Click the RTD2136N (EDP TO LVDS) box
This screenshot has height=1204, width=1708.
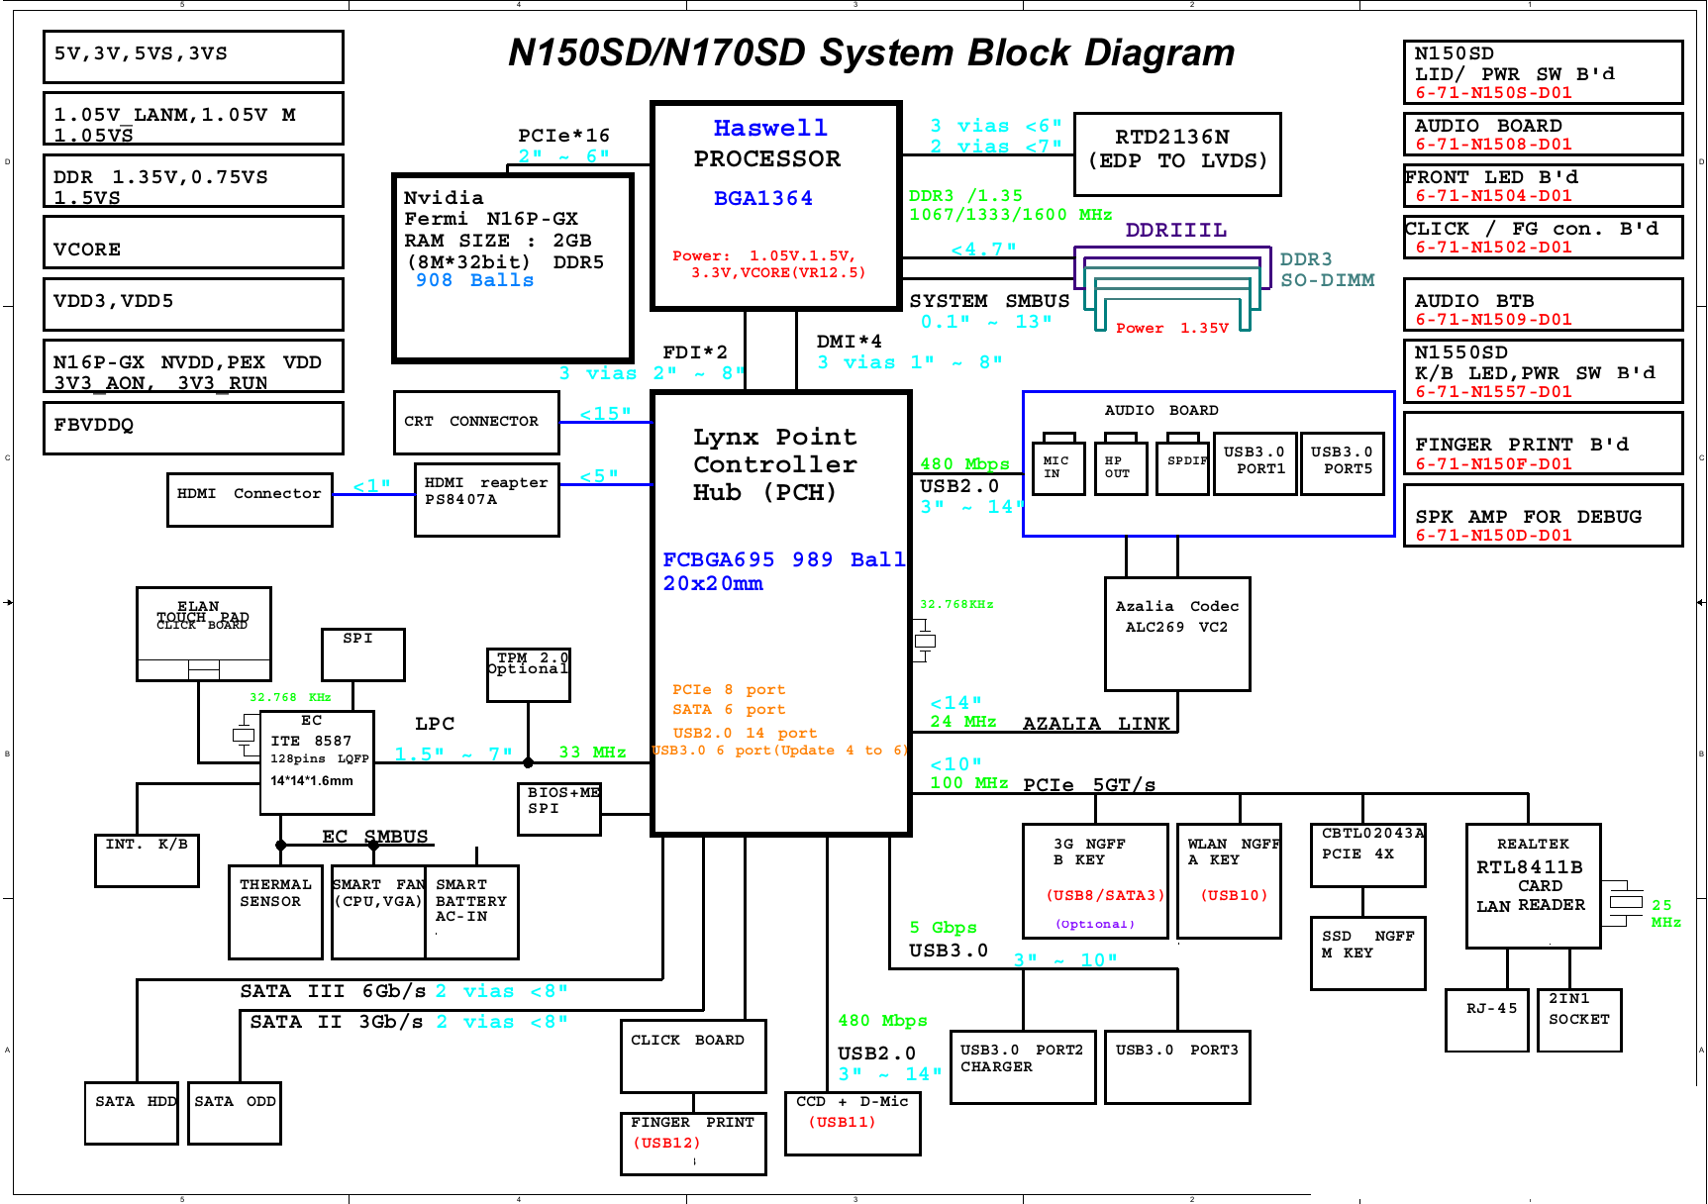click(1177, 153)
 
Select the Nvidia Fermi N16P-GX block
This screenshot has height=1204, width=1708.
click(512, 267)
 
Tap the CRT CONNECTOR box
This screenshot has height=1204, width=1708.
click(476, 422)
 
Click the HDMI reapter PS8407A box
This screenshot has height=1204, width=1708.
click(486, 499)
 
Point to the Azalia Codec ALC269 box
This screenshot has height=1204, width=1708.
click(1176, 634)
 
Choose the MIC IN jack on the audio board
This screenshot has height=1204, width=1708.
click(1057, 467)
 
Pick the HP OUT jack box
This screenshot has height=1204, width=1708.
click(1120, 467)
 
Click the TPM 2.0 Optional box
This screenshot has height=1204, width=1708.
click(528, 674)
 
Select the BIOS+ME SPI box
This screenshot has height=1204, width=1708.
click(559, 808)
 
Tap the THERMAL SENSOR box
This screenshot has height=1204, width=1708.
click(275, 912)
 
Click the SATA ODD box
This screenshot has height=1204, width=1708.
click(235, 1113)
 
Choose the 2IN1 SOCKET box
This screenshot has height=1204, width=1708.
click(1578, 1020)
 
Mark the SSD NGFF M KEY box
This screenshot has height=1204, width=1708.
click(1366, 953)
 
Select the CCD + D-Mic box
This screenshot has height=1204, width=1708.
click(852, 1123)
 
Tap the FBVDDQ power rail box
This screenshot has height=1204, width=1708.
click(193, 427)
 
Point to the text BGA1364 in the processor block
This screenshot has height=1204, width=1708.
click(762, 198)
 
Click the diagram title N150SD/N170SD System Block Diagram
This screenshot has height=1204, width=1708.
click(871, 52)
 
